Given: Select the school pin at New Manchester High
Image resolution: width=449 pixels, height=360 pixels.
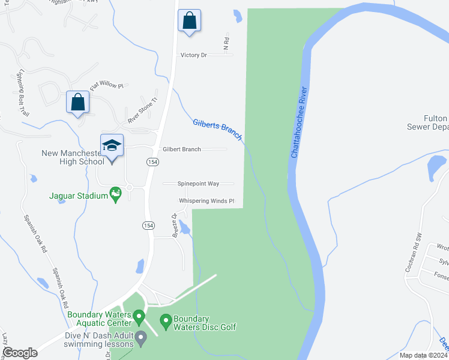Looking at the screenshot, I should point(112,146).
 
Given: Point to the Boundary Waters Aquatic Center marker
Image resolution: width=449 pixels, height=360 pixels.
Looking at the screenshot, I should point(139,316).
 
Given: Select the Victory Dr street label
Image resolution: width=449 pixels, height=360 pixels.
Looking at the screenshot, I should point(193,55).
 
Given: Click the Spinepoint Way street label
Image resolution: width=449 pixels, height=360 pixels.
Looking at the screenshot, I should point(197,184).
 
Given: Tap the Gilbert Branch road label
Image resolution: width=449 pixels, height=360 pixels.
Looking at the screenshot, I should point(182,149).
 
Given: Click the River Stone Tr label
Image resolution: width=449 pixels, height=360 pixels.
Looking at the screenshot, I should point(142,109).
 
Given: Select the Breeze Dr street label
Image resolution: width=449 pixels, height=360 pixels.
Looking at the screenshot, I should point(175,225).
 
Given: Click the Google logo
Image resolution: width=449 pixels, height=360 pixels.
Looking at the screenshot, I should point(20,353).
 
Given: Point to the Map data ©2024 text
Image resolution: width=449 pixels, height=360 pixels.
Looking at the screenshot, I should point(423,355).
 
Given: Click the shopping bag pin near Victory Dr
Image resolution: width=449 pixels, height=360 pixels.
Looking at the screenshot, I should point(189,20).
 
